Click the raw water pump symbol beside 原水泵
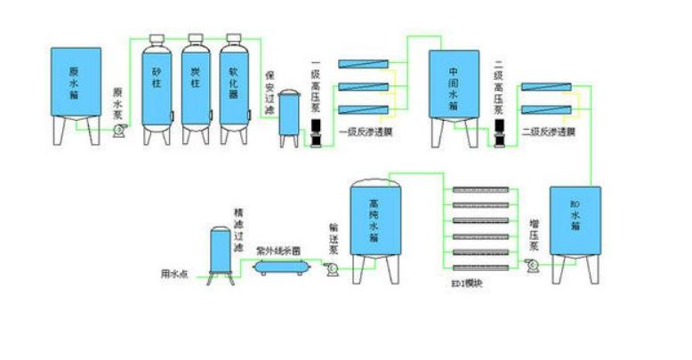(x=117, y=131)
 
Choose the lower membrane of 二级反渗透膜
(x=546, y=109)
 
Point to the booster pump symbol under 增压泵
(x=533, y=265)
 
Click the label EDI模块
(x=466, y=284)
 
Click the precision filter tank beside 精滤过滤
(x=218, y=250)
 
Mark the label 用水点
(x=174, y=272)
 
